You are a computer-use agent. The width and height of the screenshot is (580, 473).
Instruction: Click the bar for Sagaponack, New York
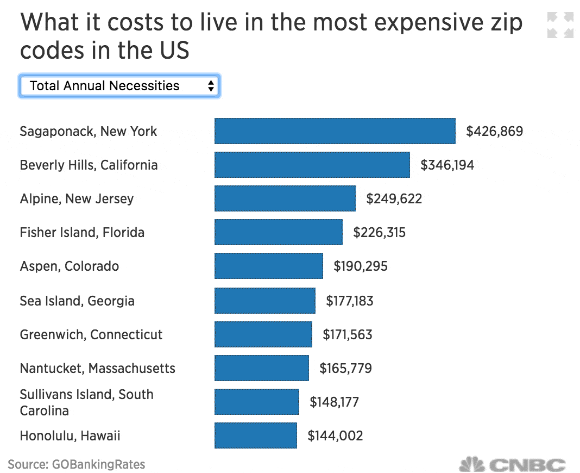coord(335,131)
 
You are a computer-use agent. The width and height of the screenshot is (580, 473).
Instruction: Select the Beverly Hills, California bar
coord(312,165)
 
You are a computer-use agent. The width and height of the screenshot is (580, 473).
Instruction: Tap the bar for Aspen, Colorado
coord(268,266)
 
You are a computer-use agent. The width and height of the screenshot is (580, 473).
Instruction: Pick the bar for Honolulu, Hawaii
coord(255,435)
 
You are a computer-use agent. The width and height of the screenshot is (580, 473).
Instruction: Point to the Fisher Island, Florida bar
coord(278,232)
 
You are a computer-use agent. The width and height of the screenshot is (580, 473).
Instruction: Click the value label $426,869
coord(494,131)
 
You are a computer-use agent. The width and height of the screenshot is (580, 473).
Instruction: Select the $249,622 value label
coord(394,198)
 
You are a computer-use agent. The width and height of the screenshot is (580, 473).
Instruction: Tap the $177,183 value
coord(349,301)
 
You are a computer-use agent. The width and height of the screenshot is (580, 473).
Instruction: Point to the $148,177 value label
coord(334,402)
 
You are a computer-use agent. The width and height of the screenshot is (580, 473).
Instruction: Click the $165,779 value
coord(345,368)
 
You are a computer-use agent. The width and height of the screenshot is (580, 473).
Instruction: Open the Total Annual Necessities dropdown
coord(119,86)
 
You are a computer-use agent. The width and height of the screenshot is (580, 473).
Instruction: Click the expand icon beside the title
coord(560,26)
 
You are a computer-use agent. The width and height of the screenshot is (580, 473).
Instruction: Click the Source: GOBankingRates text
coord(77,465)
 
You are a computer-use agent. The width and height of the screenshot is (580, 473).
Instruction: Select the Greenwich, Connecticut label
coord(91,334)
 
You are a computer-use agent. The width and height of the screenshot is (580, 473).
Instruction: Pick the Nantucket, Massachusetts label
coord(98,368)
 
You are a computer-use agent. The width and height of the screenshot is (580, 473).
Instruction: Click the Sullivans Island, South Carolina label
coord(86,402)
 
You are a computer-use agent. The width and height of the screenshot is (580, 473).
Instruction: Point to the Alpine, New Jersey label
coord(77,198)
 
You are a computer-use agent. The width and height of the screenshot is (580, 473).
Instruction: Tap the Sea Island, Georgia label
coord(77,301)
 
